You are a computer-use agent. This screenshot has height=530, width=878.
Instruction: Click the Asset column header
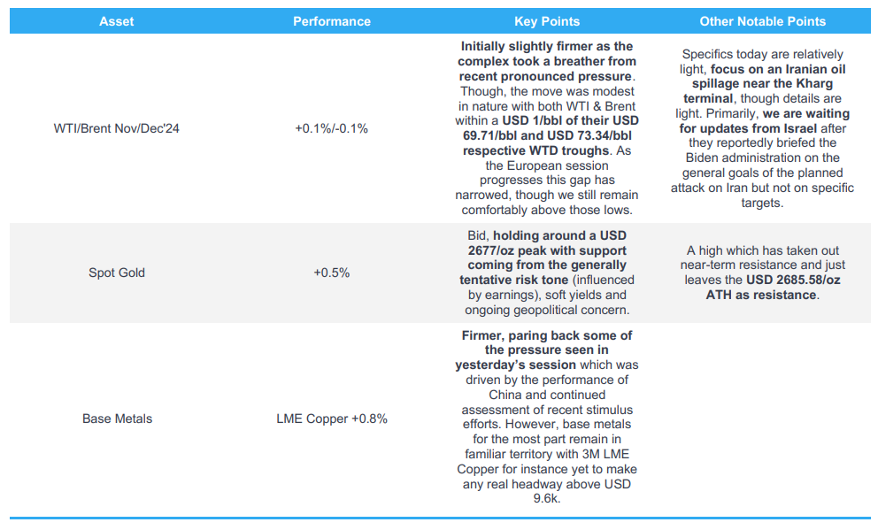point(117,21)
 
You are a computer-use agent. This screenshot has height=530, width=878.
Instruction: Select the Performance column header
point(332,21)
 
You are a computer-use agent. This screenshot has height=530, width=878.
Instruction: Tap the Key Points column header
point(547,21)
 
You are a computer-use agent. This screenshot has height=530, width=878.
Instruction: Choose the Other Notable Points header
point(762,21)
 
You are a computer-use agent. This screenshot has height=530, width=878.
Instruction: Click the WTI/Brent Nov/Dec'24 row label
point(117,128)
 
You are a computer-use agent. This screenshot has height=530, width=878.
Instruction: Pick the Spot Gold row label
point(117,273)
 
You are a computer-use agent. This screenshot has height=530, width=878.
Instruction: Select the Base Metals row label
point(117,419)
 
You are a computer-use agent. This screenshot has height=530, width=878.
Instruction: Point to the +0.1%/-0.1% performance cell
point(332,128)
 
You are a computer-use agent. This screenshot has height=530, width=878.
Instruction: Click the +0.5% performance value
point(332,273)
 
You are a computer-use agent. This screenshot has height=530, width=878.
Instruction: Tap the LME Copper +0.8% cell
point(332,419)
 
